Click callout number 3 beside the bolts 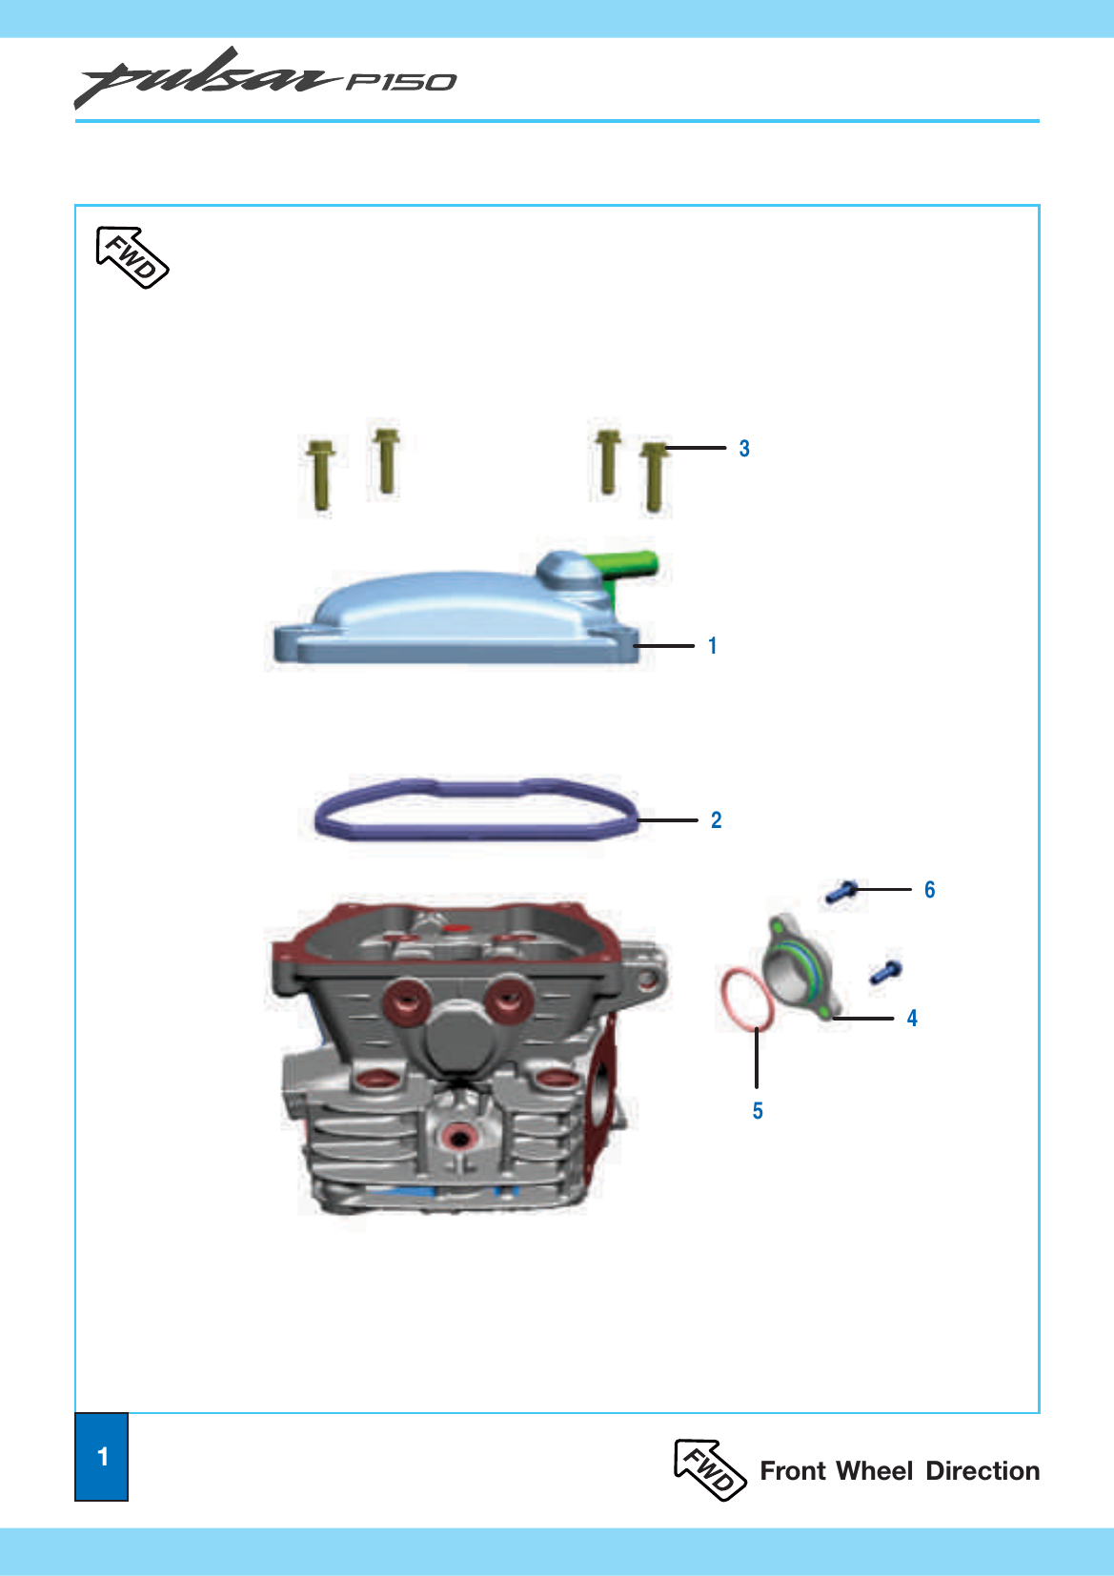click(x=744, y=448)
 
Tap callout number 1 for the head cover click(x=713, y=645)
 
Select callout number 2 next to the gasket click(x=717, y=819)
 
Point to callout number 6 click(x=930, y=889)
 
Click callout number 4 click(x=912, y=1018)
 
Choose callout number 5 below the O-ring click(x=758, y=1110)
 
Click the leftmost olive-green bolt click(x=321, y=475)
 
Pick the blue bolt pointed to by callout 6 click(x=841, y=893)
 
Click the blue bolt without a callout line click(x=886, y=972)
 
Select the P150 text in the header click(x=401, y=82)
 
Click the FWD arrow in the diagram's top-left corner click(x=132, y=257)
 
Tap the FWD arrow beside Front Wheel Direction click(x=710, y=1470)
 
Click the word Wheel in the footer click(x=875, y=1471)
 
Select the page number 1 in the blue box click(x=103, y=1456)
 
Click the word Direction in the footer click(x=982, y=1471)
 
